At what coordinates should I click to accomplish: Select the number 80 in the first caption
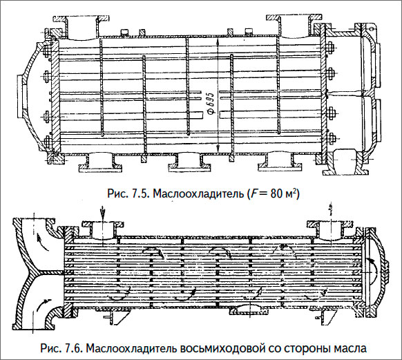click(276, 192)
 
